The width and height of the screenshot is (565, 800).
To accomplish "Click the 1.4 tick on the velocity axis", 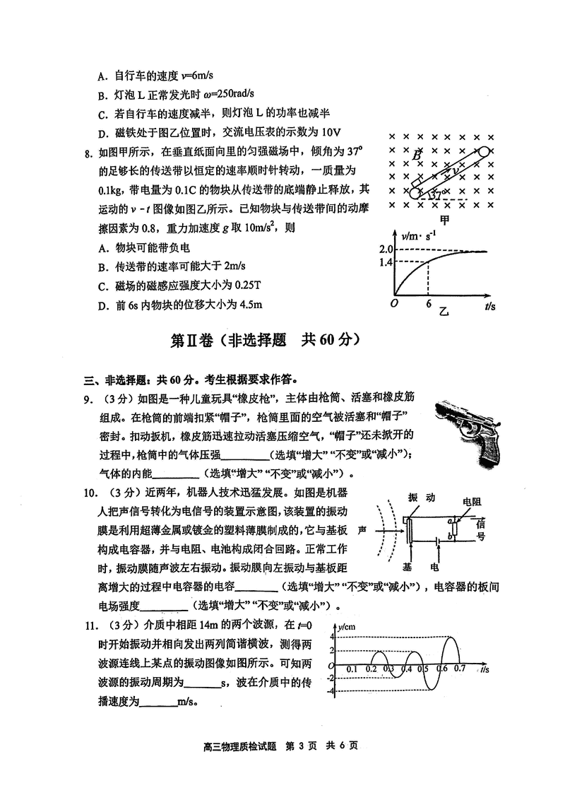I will click(385, 262).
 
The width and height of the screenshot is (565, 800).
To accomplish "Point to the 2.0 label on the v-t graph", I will click(385, 250).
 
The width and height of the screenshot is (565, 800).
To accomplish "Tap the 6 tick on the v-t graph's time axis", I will click(428, 304).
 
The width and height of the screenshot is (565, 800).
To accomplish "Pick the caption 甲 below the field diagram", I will click(444, 219).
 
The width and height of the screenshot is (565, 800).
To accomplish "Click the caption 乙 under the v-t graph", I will click(444, 310).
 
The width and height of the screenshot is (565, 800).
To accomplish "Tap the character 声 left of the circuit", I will click(362, 529).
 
